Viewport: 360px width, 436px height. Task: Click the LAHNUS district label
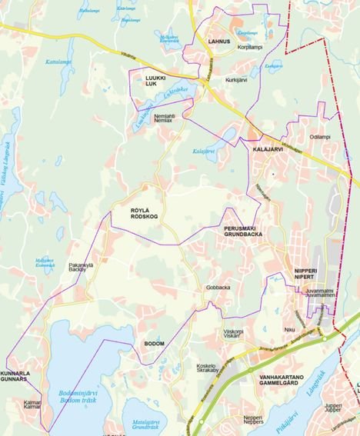(218, 42)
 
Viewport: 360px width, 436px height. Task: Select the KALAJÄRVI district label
(268, 149)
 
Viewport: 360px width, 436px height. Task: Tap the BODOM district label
(154, 343)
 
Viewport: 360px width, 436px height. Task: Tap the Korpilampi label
(249, 47)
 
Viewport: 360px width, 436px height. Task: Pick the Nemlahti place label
(164, 116)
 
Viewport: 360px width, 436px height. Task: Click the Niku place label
(290, 330)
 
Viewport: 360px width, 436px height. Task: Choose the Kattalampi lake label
(58, 62)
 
